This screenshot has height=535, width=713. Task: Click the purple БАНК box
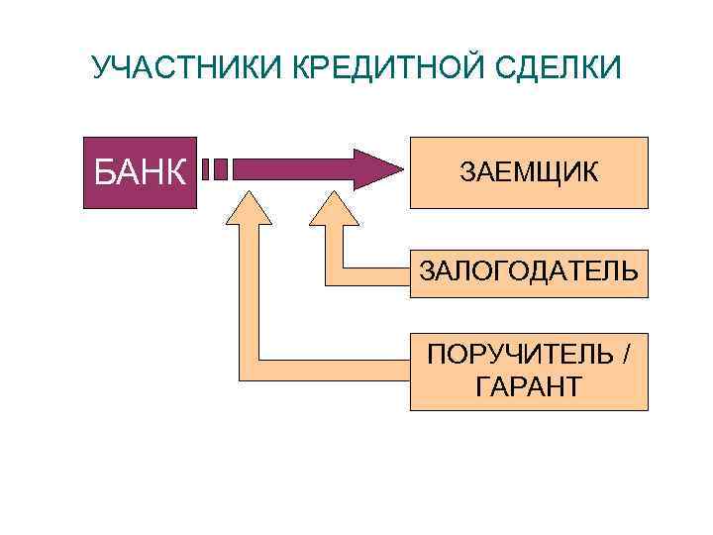point(140,170)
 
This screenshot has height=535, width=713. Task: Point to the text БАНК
point(140,172)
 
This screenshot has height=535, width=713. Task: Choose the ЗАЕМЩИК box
point(529,171)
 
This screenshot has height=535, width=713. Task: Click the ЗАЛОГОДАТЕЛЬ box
point(529,270)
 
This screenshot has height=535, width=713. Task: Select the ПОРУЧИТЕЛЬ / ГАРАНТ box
point(529,372)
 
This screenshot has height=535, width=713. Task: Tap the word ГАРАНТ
point(529,385)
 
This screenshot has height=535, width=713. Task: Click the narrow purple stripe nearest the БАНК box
point(207,168)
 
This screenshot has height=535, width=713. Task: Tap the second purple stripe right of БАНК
point(221,168)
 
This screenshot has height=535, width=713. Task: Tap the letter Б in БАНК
point(104,172)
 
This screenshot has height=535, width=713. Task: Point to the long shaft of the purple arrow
point(292,168)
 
